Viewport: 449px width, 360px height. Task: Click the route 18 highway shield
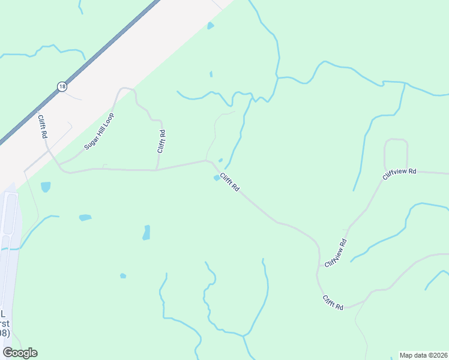[x=62, y=87]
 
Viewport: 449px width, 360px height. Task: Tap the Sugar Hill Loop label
[x=98, y=130]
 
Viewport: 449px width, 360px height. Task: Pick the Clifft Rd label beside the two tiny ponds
[x=229, y=182]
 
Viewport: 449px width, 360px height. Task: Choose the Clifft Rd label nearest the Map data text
[x=332, y=302]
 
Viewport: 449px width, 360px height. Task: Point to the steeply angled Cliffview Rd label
[x=336, y=253]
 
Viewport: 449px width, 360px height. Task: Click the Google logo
[x=20, y=353]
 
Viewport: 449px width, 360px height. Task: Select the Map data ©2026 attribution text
[x=424, y=355]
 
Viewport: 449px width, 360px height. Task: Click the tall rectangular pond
[x=146, y=233]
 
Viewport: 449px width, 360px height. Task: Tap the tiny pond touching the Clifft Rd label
[x=217, y=178]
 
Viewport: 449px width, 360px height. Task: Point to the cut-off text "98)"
[x=5, y=333]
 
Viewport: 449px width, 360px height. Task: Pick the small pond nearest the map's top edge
[x=210, y=26]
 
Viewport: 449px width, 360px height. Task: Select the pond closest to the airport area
[x=46, y=187]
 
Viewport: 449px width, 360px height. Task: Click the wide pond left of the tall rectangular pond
[x=85, y=217]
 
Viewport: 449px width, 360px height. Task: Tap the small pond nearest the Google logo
[x=123, y=276]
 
